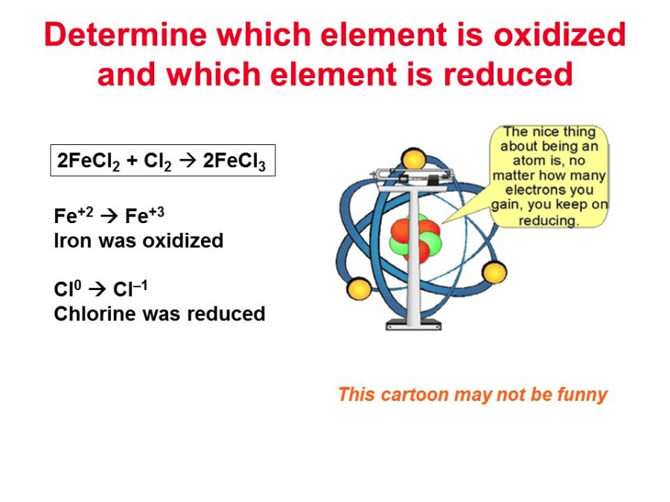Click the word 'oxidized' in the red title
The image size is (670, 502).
[560, 34]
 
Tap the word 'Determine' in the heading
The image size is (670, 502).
[126, 34]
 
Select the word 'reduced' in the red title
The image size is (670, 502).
[508, 74]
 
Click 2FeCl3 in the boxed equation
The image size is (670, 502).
[234, 161]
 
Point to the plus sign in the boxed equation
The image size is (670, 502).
[132, 161]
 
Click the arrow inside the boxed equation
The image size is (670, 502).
[187, 161]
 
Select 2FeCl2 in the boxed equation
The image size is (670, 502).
[89, 161]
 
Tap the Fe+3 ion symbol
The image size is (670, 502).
[144, 215]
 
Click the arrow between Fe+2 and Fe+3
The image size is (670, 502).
[109, 216]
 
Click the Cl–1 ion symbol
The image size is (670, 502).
[130, 288]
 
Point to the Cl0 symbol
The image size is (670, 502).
[67, 289]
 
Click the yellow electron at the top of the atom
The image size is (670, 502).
[413, 159]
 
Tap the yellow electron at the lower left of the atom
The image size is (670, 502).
[359, 289]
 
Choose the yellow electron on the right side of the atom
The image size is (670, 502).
[494, 272]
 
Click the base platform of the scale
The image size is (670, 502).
[413, 325]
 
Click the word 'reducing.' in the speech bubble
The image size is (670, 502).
[549, 220]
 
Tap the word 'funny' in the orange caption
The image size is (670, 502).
[582, 394]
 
